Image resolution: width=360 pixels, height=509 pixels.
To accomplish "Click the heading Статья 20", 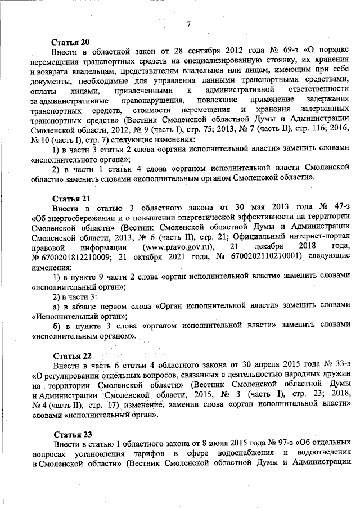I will pos(71,42).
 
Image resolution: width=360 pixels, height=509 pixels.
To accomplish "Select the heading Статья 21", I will pos(71,199).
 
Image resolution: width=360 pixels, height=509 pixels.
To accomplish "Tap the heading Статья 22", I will pos(71,356).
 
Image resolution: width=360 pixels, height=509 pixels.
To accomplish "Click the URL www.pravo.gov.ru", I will pos(179,247).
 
